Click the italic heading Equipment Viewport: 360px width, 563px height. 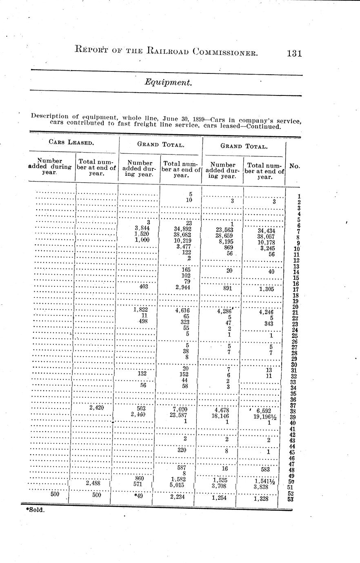click(168, 82)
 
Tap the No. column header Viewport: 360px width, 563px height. click(295, 166)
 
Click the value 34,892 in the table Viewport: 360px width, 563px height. click(183, 229)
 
